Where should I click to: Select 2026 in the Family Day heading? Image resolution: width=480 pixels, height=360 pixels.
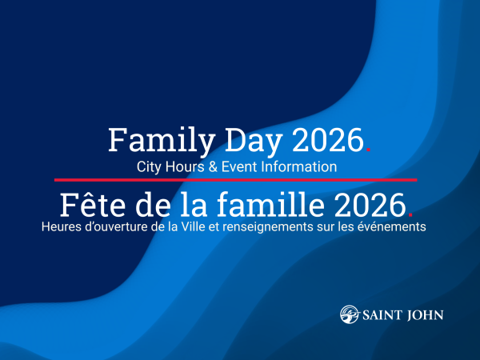[327, 141]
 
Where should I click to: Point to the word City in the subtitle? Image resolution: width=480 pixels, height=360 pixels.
[150, 167]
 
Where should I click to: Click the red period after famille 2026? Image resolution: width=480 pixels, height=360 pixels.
[410, 214]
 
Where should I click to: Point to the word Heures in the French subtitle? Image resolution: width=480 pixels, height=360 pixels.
[58, 227]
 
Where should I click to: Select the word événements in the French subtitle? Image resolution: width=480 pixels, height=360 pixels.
[395, 227]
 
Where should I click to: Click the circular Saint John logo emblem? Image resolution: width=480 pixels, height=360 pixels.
[349, 314]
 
